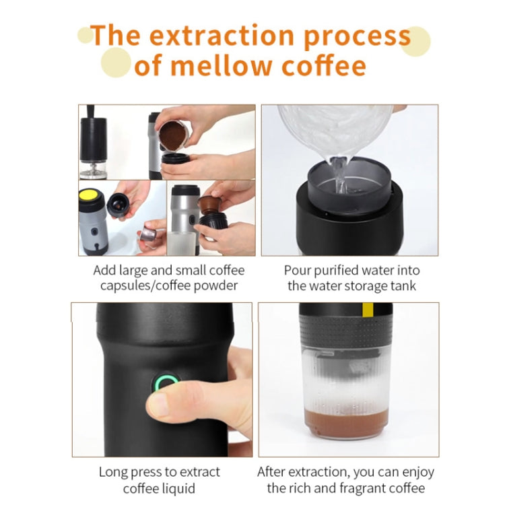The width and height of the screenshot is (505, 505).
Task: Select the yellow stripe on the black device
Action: pos(367,310)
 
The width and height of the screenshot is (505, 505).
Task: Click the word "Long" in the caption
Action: pos(113,472)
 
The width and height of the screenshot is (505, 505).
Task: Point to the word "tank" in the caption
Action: pos(403,286)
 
